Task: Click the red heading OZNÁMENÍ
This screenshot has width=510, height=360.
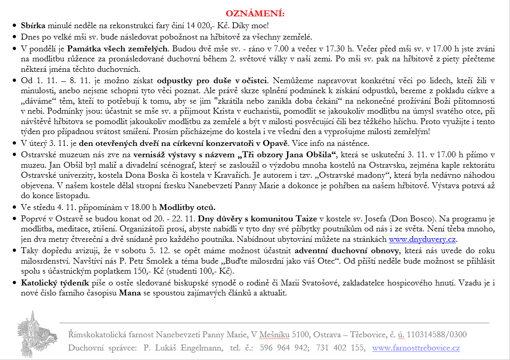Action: pos(255,12)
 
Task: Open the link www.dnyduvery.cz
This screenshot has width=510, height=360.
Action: pos(422,240)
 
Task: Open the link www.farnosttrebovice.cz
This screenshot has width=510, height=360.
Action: pos(416,348)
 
